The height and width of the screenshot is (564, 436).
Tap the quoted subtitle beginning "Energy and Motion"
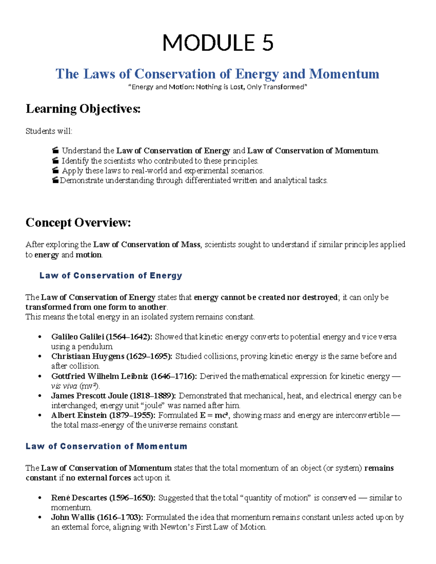tap(218, 87)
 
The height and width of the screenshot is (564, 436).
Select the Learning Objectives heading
tap(83, 109)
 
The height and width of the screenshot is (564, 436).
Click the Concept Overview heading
tap(78, 222)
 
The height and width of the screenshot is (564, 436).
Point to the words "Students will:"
tap(49, 131)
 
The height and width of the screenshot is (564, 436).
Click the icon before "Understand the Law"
tap(55, 151)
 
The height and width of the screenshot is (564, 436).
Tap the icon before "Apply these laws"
tap(55, 171)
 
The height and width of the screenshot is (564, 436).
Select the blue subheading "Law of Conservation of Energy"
tap(110, 276)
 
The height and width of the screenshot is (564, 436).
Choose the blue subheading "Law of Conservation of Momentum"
tap(106, 446)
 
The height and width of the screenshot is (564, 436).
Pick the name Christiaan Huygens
tap(88, 356)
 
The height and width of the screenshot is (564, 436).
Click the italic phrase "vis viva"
tap(64, 386)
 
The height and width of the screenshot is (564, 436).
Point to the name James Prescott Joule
tap(89, 396)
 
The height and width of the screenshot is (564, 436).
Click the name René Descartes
tap(79, 498)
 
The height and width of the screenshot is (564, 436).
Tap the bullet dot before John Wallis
tap(40, 518)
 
